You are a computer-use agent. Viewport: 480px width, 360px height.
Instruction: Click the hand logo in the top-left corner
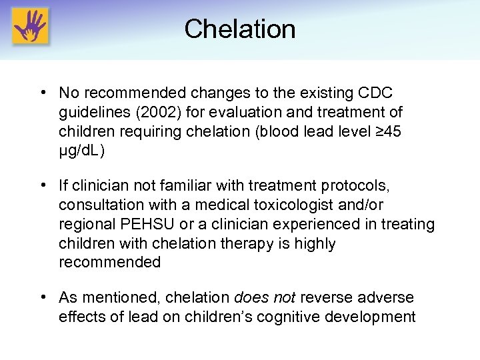[x=30, y=28]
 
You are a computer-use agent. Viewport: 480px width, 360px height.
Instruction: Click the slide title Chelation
[x=240, y=29]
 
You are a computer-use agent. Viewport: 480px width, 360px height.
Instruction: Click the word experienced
[x=289, y=225]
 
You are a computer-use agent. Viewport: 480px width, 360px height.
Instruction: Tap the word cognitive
[x=288, y=316]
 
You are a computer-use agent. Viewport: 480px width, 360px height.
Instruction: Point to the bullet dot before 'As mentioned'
[x=42, y=297]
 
